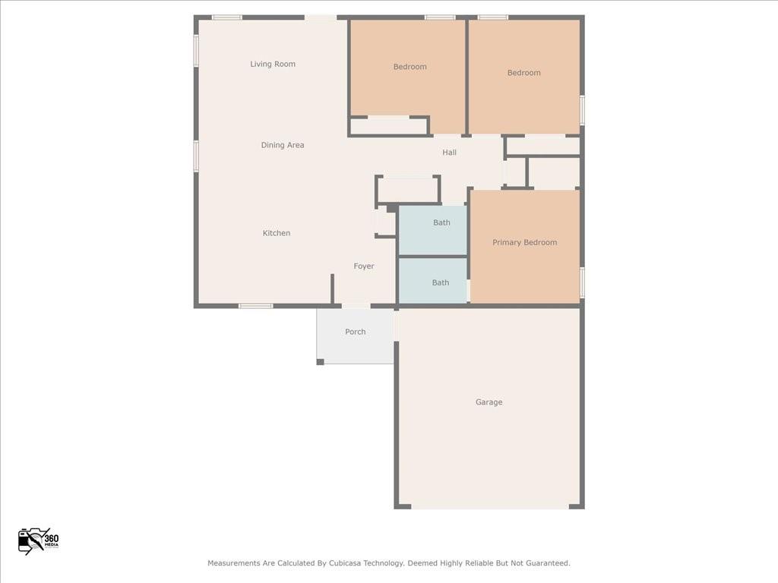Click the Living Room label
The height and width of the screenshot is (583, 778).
coord(273,65)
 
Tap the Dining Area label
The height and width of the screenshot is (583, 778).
coord(283,145)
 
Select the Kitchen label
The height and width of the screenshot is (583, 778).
coord(277,233)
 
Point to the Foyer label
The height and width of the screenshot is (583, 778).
coord(364,266)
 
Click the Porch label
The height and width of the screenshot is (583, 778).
coord(355,332)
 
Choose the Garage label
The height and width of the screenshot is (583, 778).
coord(489,402)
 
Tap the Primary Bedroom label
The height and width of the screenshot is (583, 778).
coord(524,243)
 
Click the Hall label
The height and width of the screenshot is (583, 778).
coord(450,153)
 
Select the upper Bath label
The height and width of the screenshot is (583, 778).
coord(441,222)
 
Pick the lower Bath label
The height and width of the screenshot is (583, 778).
coord(441,282)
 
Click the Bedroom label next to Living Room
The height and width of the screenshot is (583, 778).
coord(410,67)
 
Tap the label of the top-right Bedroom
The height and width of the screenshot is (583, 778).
coord(523,73)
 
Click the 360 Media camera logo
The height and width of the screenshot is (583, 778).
coord(37,540)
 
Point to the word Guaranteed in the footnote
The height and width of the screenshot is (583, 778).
coord(546,563)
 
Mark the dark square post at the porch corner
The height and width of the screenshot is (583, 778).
coord(321,361)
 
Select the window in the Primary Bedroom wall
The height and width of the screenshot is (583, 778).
coord(582,282)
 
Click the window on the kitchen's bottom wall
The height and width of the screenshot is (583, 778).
coord(256,306)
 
